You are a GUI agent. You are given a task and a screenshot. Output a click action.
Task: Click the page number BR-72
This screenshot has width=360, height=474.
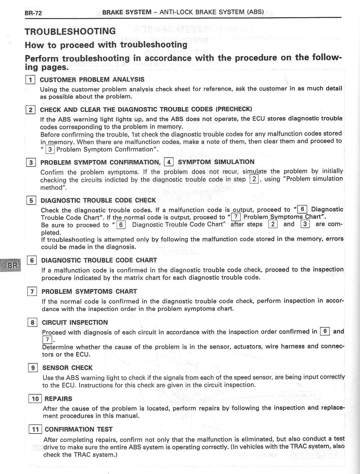coord(33,13)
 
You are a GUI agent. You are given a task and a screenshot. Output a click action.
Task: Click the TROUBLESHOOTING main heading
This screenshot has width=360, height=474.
coord(70,31)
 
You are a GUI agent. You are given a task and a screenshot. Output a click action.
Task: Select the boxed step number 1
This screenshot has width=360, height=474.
coord(30,80)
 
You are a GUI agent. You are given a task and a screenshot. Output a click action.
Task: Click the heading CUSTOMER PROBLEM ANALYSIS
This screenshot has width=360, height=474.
coord(92,79)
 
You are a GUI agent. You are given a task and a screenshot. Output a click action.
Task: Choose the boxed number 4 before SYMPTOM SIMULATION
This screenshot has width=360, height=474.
coord(169,162)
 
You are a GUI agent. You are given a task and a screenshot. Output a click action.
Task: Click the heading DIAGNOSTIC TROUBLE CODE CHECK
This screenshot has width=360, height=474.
coord(98,200)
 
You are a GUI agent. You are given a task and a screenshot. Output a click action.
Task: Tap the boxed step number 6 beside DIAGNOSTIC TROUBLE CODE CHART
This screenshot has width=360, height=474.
coord(32,260)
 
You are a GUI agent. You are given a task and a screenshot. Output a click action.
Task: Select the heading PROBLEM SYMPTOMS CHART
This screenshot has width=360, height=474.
coord(89,291)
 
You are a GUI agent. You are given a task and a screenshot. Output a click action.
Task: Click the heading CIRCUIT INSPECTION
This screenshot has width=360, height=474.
coord(75,322)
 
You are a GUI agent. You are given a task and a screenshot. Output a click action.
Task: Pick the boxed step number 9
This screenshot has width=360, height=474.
coord(32,368)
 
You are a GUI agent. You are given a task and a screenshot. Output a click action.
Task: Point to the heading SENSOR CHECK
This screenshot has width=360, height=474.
coord(68,368)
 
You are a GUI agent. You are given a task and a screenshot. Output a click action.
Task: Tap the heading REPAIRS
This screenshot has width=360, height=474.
coord(58,399)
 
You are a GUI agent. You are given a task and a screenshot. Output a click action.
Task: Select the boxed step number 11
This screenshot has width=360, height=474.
coord(35,429)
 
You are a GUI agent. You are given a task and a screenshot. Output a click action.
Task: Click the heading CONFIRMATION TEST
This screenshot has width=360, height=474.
coord(79,429)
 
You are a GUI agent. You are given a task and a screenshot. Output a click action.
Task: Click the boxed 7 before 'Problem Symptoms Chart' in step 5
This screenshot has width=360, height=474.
coord(236,217)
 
